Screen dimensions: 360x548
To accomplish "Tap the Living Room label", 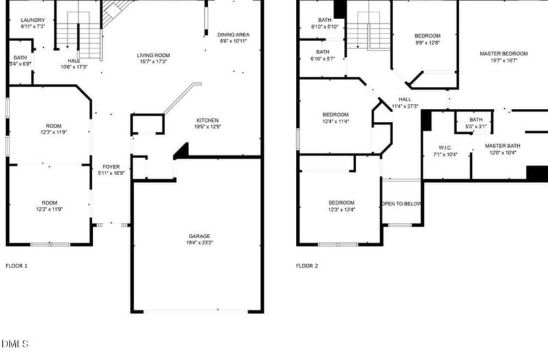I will [x=153, y=55].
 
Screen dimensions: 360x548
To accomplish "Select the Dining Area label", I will [x=233, y=34].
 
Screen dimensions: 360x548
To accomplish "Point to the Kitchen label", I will [x=208, y=120].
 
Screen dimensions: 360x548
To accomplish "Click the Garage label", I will [x=199, y=236].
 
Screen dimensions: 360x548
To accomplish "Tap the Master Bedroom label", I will [x=503, y=53].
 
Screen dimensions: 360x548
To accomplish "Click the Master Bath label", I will [x=503, y=146].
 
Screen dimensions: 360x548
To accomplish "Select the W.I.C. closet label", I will [x=445, y=148].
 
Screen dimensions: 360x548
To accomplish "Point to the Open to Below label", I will [x=401, y=204].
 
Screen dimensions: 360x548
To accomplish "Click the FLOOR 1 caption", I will [x=16, y=266].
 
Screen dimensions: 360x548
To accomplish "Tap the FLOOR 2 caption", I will [x=307, y=266].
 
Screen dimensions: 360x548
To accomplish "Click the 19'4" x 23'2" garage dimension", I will [x=199, y=243].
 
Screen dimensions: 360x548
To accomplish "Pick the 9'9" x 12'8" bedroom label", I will [x=427, y=40].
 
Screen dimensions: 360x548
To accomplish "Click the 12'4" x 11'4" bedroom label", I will [x=336, y=118].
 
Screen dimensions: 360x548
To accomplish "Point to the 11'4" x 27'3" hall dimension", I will [x=405, y=106].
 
